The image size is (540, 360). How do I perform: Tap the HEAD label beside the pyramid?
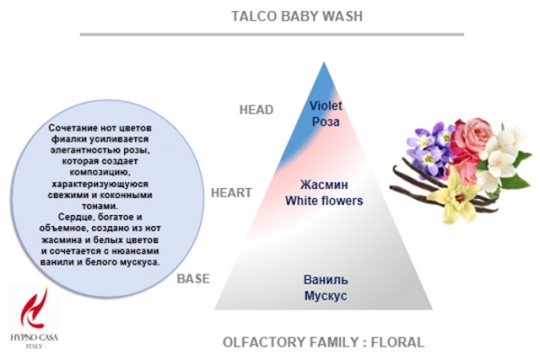[256, 110]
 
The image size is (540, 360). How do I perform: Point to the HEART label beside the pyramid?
[231, 193]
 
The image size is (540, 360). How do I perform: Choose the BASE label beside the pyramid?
[193, 278]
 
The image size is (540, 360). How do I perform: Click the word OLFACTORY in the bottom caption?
[262, 342]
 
